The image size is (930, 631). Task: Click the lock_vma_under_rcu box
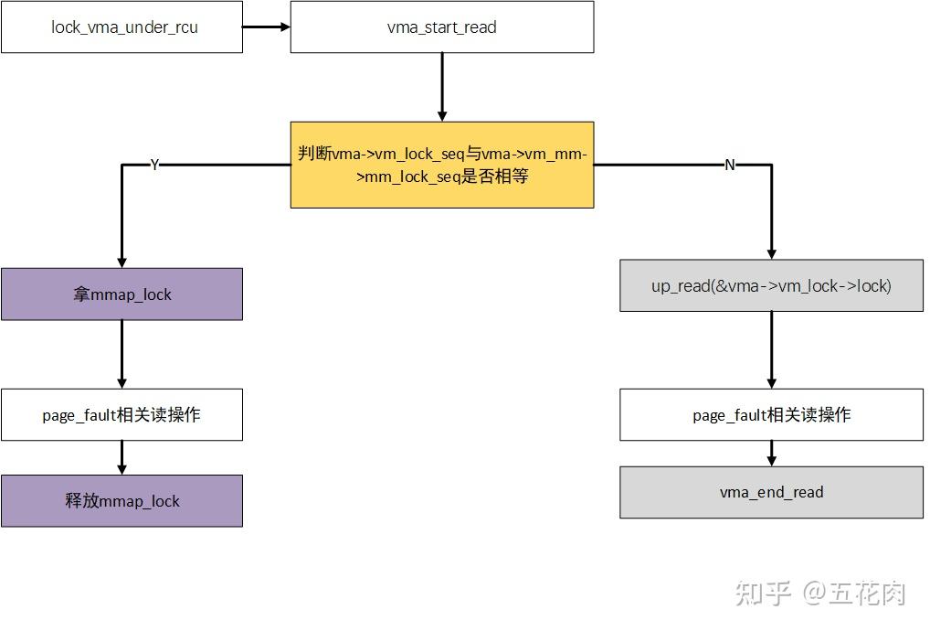pyautogui.click(x=122, y=27)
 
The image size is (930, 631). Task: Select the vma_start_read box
pyautogui.click(x=442, y=27)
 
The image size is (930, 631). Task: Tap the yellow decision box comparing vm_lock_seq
pyautogui.click(x=442, y=165)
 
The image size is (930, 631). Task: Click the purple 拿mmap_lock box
pyautogui.click(x=122, y=294)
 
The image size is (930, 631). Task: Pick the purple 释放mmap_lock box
pyautogui.click(x=122, y=500)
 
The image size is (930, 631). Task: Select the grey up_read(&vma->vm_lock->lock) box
pyautogui.click(x=771, y=285)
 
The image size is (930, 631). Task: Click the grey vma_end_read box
pyautogui.click(x=771, y=492)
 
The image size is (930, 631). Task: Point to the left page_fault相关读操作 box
pyautogui.click(x=122, y=414)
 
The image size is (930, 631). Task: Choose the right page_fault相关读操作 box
pyautogui.click(x=771, y=414)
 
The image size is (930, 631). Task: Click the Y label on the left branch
pyautogui.click(x=154, y=165)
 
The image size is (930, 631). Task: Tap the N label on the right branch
pyautogui.click(x=729, y=165)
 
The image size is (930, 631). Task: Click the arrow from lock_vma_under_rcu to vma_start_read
pyautogui.click(x=266, y=27)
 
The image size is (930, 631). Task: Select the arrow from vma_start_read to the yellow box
pyautogui.click(x=442, y=87)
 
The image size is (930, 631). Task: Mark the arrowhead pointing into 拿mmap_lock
pyautogui.click(x=122, y=262)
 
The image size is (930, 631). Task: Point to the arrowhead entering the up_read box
pyautogui.click(x=771, y=253)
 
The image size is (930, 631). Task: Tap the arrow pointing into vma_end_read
pyautogui.click(x=771, y=454)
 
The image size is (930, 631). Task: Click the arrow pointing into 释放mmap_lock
pyautogui.click(x=122, y=457)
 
